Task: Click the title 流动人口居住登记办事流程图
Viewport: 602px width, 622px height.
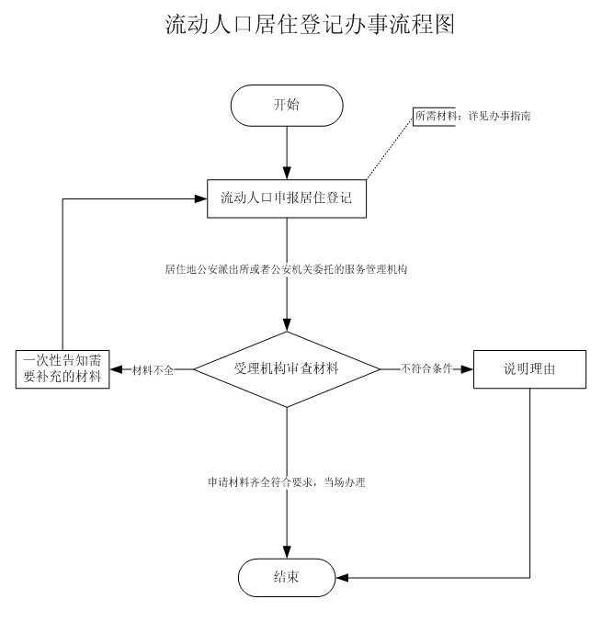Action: [310, 25]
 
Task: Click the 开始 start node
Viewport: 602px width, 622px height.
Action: [287, 105]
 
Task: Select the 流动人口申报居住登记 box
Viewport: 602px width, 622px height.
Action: [287, 198]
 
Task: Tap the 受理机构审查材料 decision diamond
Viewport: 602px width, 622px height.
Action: [288, 368]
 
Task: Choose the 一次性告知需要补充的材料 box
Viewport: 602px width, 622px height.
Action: [62, 368]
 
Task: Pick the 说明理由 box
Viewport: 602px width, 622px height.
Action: [529, 368]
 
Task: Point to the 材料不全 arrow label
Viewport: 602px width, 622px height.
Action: [153, 369]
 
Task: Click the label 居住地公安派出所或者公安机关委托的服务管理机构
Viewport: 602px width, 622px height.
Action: [287, 270]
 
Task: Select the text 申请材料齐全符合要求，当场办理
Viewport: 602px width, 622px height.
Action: [287, 481]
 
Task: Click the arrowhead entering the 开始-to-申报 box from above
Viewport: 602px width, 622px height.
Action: [288, 172]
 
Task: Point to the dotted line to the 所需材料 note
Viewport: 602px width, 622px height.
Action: [390, 148]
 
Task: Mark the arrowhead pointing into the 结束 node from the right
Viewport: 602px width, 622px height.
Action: [341, 578]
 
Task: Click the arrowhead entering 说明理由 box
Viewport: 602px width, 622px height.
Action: [468, 369]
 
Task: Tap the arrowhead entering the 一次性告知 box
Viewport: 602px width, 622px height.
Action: [116, 369]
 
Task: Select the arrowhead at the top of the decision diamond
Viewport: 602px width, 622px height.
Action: [288, 325]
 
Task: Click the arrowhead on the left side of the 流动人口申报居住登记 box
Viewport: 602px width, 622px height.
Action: [201, 198]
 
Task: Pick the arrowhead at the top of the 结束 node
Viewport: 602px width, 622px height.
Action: [288, 552]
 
